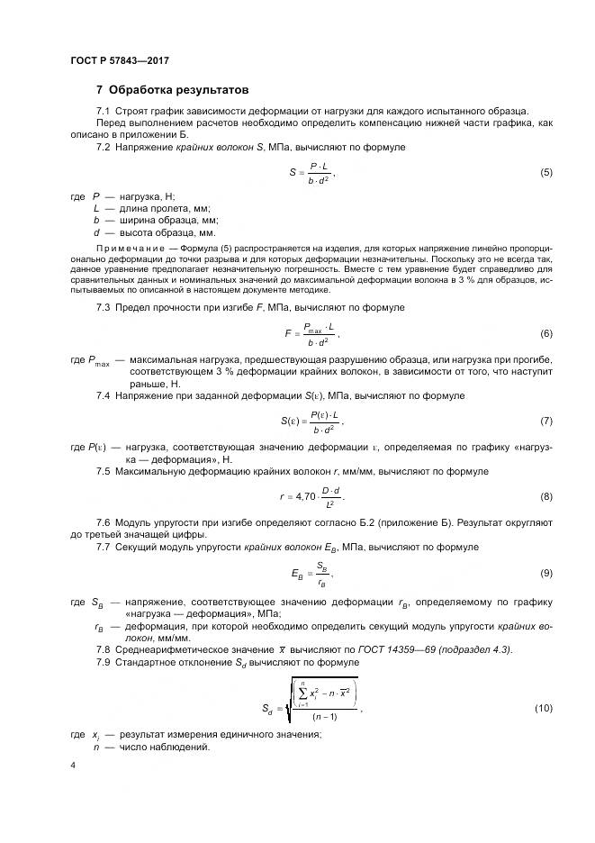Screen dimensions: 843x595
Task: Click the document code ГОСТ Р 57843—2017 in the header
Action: click(119, 60)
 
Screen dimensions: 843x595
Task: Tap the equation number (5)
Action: click(545, 171)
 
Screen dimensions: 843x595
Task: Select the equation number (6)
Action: click(545, 334)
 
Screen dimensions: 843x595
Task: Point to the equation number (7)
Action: click(545, 421)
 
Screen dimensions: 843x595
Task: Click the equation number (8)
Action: click(545, 496)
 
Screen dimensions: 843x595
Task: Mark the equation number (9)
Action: click(545, 573)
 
